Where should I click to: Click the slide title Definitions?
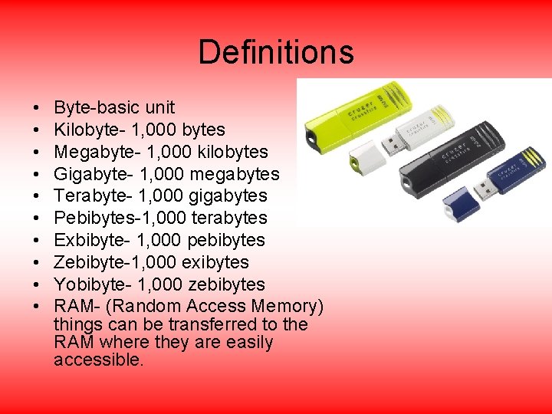(x=276, y=52)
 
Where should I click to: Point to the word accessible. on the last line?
(x=99, y=360)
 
